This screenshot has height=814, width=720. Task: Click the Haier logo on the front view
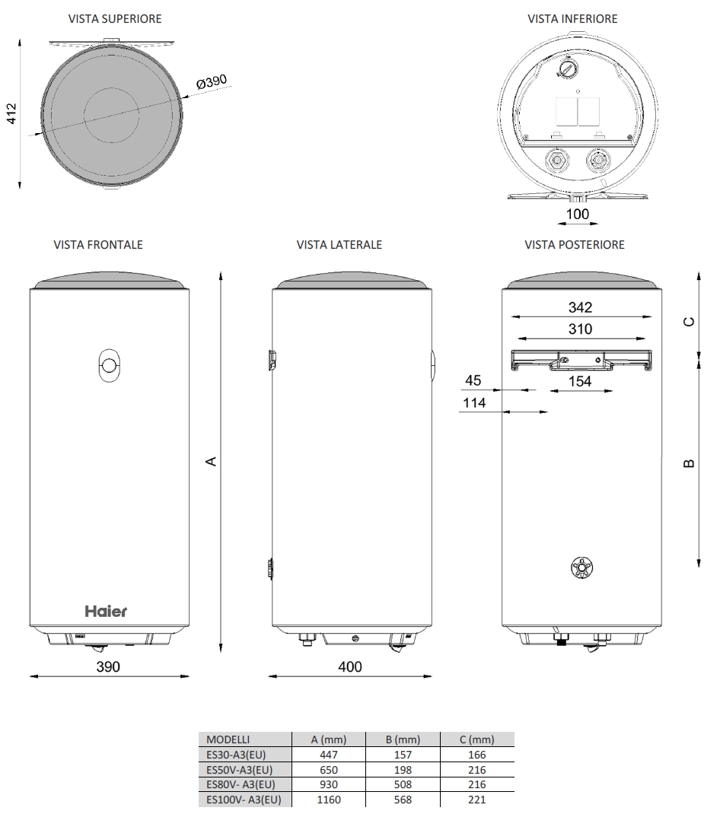(105, 611)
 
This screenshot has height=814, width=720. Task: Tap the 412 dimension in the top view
(11, 113)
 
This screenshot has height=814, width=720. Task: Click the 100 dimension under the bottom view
(578, 214)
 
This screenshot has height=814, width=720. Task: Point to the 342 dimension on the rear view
(580, 307)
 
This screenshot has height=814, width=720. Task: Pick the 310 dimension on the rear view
(580, 329)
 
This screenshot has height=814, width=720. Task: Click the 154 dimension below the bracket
(580, 381)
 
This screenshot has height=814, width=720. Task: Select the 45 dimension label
(474, 380)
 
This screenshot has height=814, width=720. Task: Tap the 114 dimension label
(474, 403)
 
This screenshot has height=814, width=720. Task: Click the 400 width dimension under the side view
(350, 666)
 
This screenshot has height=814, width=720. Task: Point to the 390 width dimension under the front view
(108, 666)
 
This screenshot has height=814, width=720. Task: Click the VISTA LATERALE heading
(339, 245)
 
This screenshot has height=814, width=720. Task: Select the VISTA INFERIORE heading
(572, 19)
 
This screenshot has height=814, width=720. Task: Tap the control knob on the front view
(109, 366)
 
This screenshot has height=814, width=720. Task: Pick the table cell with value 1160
(329, 800)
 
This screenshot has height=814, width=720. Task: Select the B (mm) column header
(403, 739)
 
